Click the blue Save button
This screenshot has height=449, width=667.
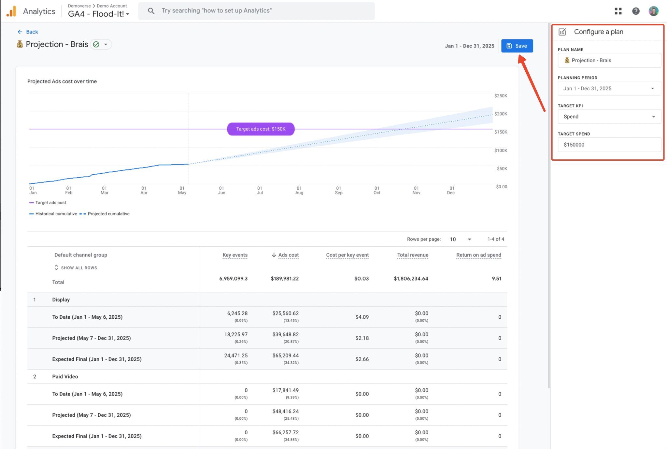tap(517, 46)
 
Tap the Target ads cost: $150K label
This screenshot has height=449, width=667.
tap(261, 129)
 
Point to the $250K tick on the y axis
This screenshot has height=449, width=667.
tap(501, 96)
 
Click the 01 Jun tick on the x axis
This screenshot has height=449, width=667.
tap(221, 190)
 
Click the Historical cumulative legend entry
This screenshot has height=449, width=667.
tap(53, 214)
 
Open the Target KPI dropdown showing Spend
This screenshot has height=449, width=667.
tap(609, 117)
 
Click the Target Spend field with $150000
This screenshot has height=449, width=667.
tap(609, 145)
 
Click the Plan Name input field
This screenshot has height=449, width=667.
tap(609, 60)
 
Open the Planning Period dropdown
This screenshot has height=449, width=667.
tap(609, 88)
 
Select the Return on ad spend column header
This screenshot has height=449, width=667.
tap(478, 255)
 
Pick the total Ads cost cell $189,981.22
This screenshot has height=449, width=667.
tap(285, 279)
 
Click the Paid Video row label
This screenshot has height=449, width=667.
tap(65, 376)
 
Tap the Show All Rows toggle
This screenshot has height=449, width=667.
tap(76, 268)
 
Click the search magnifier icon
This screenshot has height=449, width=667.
tap(151, 11)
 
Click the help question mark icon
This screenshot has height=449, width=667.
tap(636, 11)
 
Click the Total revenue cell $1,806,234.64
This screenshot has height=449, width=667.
tap(411, 279)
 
